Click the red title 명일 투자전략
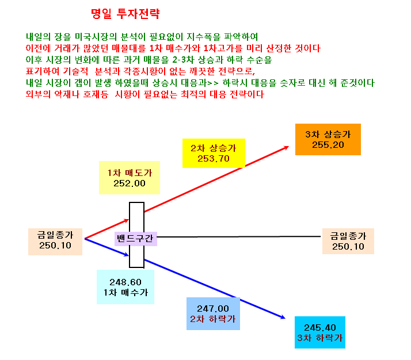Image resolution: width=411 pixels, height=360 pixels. [125, 14]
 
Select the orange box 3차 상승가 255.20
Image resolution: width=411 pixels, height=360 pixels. [328, 139]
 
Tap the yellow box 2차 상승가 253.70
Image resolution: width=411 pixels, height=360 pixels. [214, 153]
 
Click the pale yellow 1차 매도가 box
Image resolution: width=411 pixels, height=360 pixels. [130, 178]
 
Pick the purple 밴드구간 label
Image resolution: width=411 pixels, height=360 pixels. [136, 239]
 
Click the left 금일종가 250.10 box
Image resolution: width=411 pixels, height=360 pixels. [55, 242]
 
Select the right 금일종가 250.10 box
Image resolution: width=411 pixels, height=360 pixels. [348, 241]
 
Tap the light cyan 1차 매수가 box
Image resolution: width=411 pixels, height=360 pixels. [125, 287]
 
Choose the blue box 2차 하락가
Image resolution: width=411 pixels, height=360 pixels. [213, 313]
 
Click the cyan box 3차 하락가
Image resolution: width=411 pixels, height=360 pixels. [320, 332]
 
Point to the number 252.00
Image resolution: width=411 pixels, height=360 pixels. [130, 183]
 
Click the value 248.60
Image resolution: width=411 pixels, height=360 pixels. [125, 282]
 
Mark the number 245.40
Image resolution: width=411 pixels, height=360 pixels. [320, 328]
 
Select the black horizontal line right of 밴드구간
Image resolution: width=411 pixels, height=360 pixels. [239, 237]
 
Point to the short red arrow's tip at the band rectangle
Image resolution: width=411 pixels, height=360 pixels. [129, 220]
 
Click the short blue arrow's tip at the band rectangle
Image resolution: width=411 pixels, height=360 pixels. [129, 255]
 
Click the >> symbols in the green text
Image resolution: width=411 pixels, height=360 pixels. [213, 83]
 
